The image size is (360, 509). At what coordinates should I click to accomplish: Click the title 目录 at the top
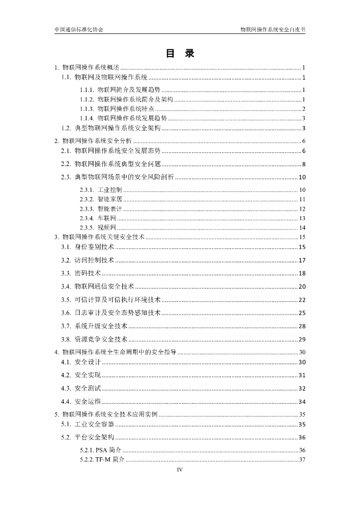pyautogui.click(x=180, y=54)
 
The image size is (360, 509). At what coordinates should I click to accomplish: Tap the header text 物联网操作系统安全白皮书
pyautogui.click(x=272, y=29)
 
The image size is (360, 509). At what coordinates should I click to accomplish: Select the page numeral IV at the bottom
pyautogui.click(x=180, y=470)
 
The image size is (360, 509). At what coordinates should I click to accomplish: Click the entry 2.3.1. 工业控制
pyautogui.click(x=101, y=190)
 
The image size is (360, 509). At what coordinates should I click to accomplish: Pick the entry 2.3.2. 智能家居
pyautogui.click(x=101, y=199)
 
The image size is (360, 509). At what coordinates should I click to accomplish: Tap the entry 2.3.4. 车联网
pyautogui.click(x=98, y=218)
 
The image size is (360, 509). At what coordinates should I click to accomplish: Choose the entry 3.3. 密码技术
pyautogui.click(x=81, y=273)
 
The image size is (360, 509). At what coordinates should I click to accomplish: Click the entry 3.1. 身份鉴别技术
pyautogui.click(x=88, y=247)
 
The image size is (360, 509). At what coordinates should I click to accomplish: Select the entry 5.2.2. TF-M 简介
pyautogui.click(x=102, y=459)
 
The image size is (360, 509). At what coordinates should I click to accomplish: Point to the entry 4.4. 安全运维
pyautogui.click(x=81, y=402)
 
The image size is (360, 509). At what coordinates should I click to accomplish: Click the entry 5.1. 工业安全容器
pyautogui.click(x=88, y=424)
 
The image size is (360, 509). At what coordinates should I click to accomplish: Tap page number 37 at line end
pyautogui.click(x=302, y=459)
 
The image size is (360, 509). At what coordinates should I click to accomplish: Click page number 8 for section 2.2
pyautogui.click(x=303, y=165)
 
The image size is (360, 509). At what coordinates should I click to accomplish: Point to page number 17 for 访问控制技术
pyautogui.click(x=302, y=260)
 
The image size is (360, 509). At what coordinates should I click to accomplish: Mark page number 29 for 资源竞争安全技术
pyautogui.click(x=302, y=339)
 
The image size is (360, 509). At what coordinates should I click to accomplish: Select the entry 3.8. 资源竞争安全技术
pyautogui.click(x=94, y=339)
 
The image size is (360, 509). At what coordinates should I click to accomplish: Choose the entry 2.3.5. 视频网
pyautogui.click(x=98, y=228)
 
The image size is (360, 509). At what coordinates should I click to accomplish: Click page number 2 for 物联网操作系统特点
pyautogui.click(x=303, y=109)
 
